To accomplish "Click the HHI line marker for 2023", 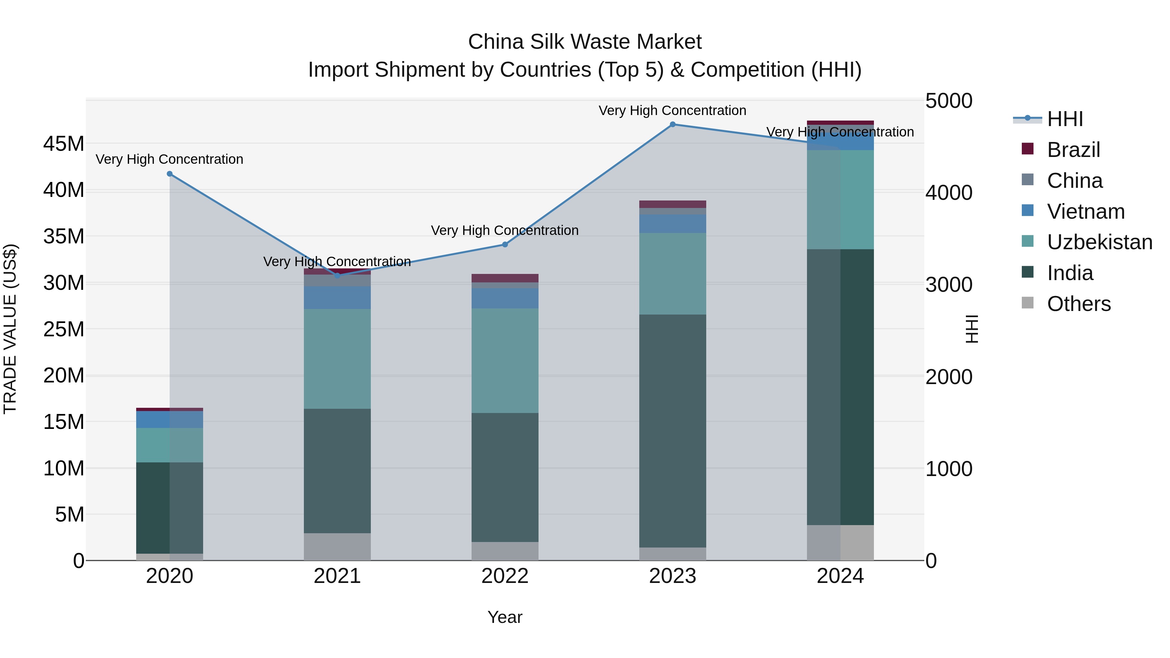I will pyautogui.click(x=673, y=124).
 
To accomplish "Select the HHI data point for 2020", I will pyautogui.click(x=169, y=174).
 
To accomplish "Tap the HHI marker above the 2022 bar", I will pyautogui.click(x=505, y=245).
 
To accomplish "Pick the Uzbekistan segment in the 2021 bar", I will pyautogui.click(x=337, y=359).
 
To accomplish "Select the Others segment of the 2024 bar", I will pyautogui.click(x=840, y=543).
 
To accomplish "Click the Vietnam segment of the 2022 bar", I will pyautogui.click(x=505, y=298).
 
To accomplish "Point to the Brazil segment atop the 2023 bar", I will pyautogui.click(x=673, y=204).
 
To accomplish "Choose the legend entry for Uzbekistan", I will pyautogui.click(x=1099, y=242).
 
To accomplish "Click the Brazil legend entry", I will pyautogui.click(x=1073, y=149).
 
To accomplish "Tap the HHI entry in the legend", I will pyautogui.click(x=1065, y=119).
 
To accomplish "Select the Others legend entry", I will pyautogui.click(x=1078, y=304).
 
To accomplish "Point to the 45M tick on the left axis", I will pyautogui.click(x=64, y=144).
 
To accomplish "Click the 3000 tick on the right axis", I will pyautogui.click(x=949, y=285).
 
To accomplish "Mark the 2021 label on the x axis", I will pyautogui.click(x=337, y=576).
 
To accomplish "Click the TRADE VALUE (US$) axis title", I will pyautogui.click(x=10, y=329).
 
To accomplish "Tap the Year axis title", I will pyautogui.click(x=505, y=617).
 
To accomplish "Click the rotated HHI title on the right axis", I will pyautogui.click(x=971, y=329).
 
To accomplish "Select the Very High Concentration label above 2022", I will pyautogui.click(x=505, y=230).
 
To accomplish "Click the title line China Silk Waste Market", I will pyautogui.click(x=585, y=42).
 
